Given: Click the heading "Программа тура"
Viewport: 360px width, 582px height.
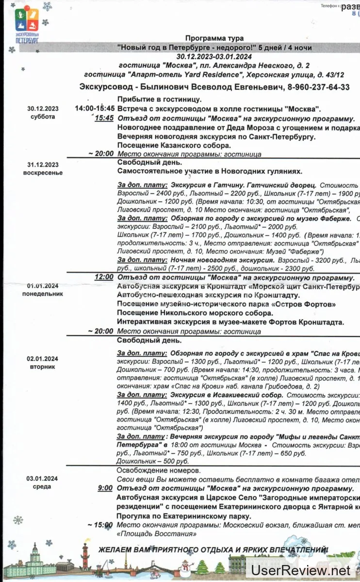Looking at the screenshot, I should pyautogui.click(x=214, y=38).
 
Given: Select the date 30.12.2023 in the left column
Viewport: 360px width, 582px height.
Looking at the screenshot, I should pyautogui.click(x=43, y=109).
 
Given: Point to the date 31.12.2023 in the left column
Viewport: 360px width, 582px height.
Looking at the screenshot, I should pyautogui.click(x=43, y=165).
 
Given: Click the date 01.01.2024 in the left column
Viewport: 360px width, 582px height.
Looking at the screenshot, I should pyautogui.click(x=43, y=286).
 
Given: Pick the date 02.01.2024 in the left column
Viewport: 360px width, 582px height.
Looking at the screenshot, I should pyautogui.click(x=43, y=359).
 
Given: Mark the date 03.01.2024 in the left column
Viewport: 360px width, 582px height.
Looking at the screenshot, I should pyautogui.click(x=43, y=479).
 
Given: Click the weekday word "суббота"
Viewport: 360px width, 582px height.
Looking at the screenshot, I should pyautogui.click(x=43, y=117).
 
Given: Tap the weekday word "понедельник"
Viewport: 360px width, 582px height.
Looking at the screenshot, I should pyautogui.click(x=43, y=294).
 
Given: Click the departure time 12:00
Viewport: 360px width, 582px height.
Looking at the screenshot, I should pyautogui.click(x=104, y=278).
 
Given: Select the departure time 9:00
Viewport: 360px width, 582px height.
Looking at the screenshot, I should pyautogui.click(x=105, y=488).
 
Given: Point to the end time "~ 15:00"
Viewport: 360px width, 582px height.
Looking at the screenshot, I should pyautogui.click(x=100, y=525).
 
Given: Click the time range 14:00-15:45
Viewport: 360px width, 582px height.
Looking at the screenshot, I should pyautogui.click(x=95, y=109).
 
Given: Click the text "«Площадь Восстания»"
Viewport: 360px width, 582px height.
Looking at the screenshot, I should pyautogui.click(x=157, y=533).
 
